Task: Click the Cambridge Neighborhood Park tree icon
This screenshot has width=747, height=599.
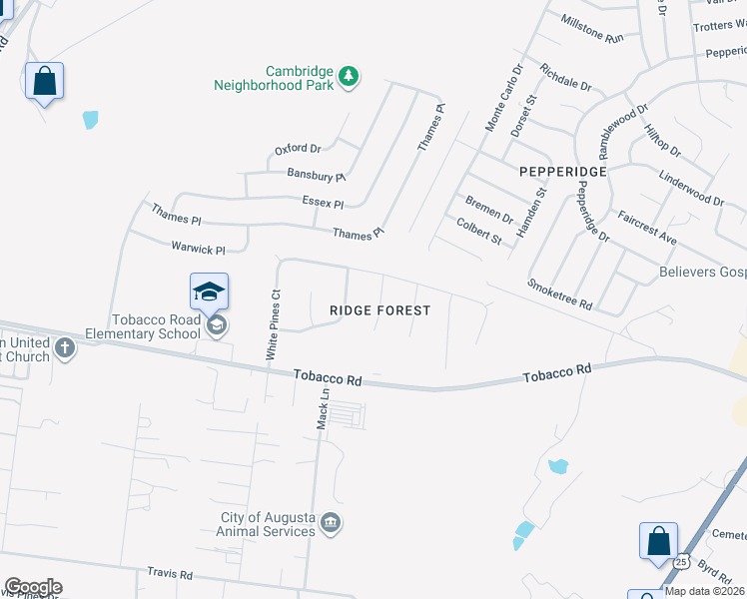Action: pos(349,77)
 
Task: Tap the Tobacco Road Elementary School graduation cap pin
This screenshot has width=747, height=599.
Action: pos(209,293)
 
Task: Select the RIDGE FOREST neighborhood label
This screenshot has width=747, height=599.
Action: pos(379,310)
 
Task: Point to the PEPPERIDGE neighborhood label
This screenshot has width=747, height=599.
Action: pos(563,172)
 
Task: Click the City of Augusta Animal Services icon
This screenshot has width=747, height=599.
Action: pos(332,523)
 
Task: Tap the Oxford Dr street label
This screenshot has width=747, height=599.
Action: pos(298,150)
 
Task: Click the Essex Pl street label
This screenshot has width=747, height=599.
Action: pos(323,203)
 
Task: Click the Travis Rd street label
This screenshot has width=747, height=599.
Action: pos(169,574)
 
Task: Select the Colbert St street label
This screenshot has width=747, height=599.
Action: pos(478,231)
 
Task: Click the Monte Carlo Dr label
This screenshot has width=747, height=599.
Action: pos(503,98)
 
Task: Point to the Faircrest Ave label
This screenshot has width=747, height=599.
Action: pos(646,229)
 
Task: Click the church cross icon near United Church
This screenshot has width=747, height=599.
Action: pos(65,348)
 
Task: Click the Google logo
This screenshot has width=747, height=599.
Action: pos(33,587)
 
